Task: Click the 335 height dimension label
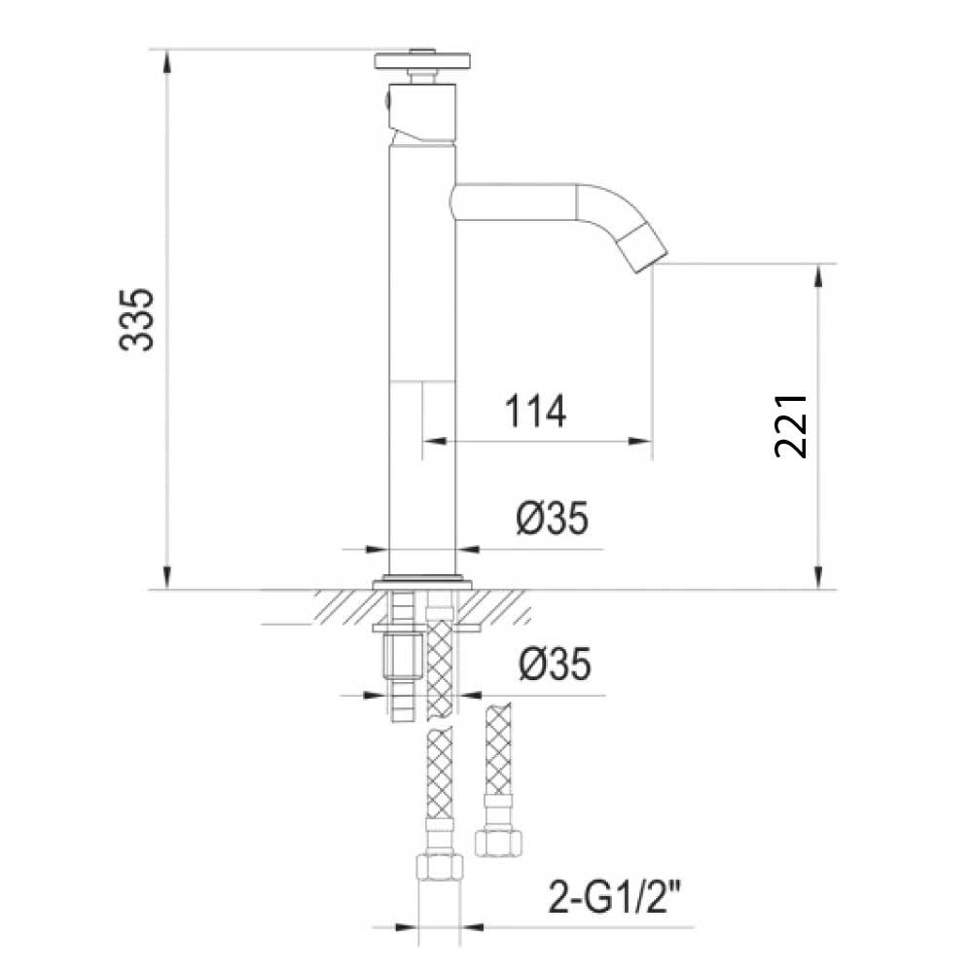click(x=136, y=319)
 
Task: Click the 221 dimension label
click(x=792, y=425)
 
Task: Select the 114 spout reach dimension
click(x=535, y=412)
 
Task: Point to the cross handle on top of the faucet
click(x=421, y=61)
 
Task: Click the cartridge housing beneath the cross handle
click(x=422, y=114)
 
